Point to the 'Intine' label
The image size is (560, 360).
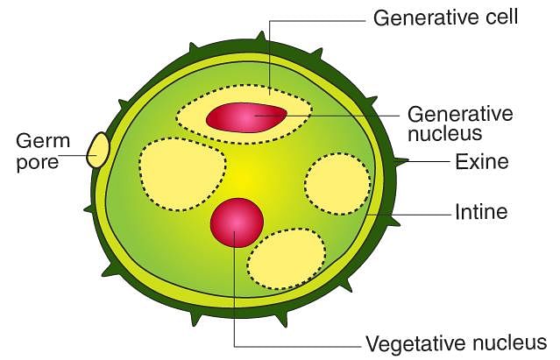pyautogui.click(x=481, y=212)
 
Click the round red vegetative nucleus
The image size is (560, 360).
pyautogui.click(x=237, y=222)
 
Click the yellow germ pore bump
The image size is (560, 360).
pyautogui.click(x=97, y=150)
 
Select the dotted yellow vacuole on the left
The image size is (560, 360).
pyautogui.click(x=182, y=173)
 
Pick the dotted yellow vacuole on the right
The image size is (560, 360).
pyautogui.click(x=338, y=183)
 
